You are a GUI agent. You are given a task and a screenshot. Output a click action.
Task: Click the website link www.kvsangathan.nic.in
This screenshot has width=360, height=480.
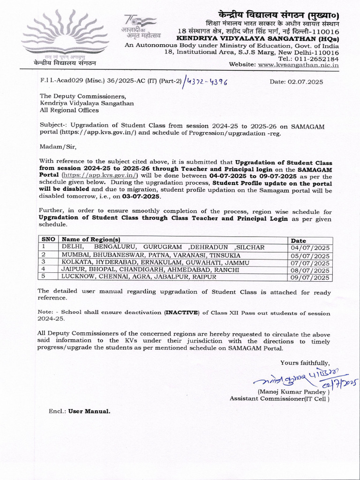tap(299, 65)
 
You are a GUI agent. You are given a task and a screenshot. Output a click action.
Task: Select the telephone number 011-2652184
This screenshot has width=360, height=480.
tap(315, 59)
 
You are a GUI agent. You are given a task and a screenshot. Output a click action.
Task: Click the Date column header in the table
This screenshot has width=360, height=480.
tap(299, 240)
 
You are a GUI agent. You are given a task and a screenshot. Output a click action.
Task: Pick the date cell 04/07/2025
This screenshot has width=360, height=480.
tap(310, 247)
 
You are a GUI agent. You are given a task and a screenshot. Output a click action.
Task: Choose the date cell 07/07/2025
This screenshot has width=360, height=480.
tap(310, 262)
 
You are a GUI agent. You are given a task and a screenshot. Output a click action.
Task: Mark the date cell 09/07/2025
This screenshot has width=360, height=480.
tap(310, 277)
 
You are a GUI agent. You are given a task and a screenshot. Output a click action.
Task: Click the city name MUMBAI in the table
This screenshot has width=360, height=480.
tap(75, 255)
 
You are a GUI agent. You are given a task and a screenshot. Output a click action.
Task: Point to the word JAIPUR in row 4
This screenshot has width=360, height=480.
tap(73, 270)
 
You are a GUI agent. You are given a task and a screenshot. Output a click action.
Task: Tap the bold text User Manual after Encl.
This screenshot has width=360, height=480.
tap(90, 411)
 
